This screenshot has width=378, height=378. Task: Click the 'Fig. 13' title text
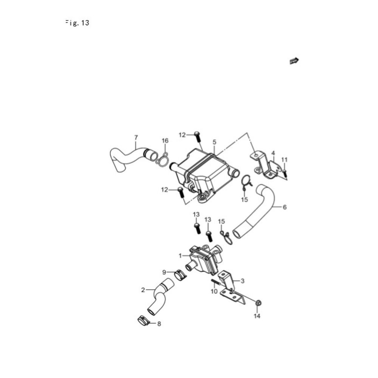(77, 23)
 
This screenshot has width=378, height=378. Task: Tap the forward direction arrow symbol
(294, 61)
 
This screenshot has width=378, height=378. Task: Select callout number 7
(136, 138)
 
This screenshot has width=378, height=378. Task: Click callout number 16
(165, 141)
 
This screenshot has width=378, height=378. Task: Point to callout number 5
(214, 142)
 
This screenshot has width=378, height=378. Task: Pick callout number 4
(273, 153)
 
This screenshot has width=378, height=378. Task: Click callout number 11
(285, 160)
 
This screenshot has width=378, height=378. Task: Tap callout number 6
(285, 207)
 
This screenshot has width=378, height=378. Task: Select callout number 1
(180, 256)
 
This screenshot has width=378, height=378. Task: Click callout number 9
(164, 273)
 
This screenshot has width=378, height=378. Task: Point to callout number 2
(143, 290)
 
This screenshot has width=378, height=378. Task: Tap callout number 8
(159, 324)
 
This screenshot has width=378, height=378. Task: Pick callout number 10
(214, 291)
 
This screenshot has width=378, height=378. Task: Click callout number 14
(257, 316)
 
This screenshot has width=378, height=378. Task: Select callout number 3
(243, 281)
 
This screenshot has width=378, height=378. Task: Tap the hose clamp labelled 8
(143, 320)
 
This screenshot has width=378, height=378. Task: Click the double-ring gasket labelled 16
(162, 160)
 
